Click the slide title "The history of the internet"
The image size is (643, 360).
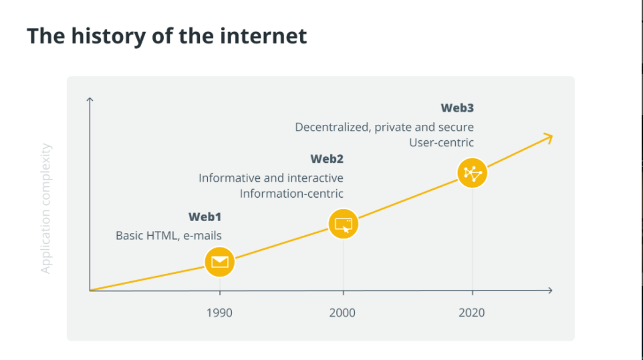(x=166, y=36)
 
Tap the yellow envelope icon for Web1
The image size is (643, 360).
(x=220, y=262)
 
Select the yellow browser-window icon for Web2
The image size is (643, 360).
(x=344, y=224)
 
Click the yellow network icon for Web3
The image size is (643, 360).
(x=473, y=173)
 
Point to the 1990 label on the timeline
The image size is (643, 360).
(x=219, y=313)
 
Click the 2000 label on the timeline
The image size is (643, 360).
(x=342, y=313)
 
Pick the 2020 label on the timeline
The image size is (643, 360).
(x=472, y=313)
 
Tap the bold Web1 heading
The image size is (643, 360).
(x=205, y=216)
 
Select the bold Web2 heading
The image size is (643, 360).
(x=327, y=159)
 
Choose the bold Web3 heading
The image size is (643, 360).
(x=457, y=108)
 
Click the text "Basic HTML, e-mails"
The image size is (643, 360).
(x=168, y=236)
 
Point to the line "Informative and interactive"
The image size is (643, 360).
(x=271, y=178)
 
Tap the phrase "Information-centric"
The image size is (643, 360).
(x=291, y=193)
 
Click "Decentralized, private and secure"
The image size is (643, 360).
(x=384, y=128)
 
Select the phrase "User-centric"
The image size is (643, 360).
(x=441, y=142)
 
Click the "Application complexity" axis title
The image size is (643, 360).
(x=46, y=208)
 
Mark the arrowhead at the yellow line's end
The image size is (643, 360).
(x=549, y=138)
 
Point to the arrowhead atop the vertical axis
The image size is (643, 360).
(x=90, y=99)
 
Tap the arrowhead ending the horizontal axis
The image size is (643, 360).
(x=550, y=291)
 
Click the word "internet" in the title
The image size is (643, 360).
(x=263, y=36)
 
